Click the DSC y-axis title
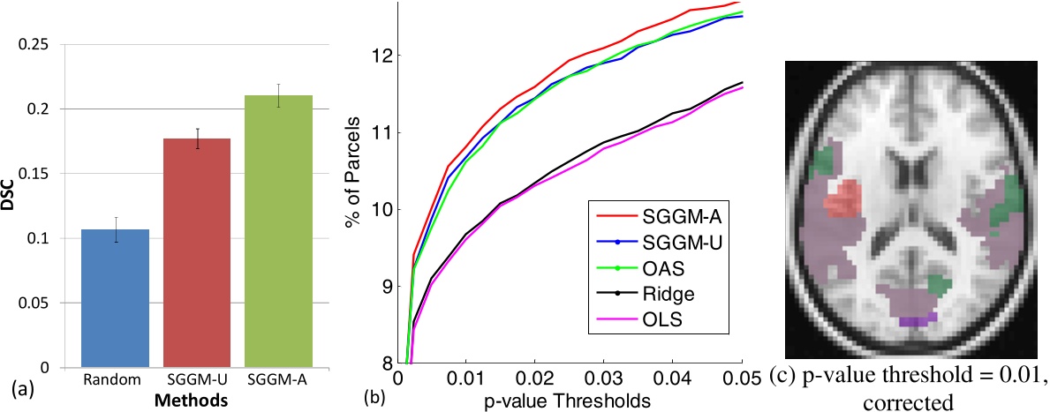11,204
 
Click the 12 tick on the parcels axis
384,56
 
